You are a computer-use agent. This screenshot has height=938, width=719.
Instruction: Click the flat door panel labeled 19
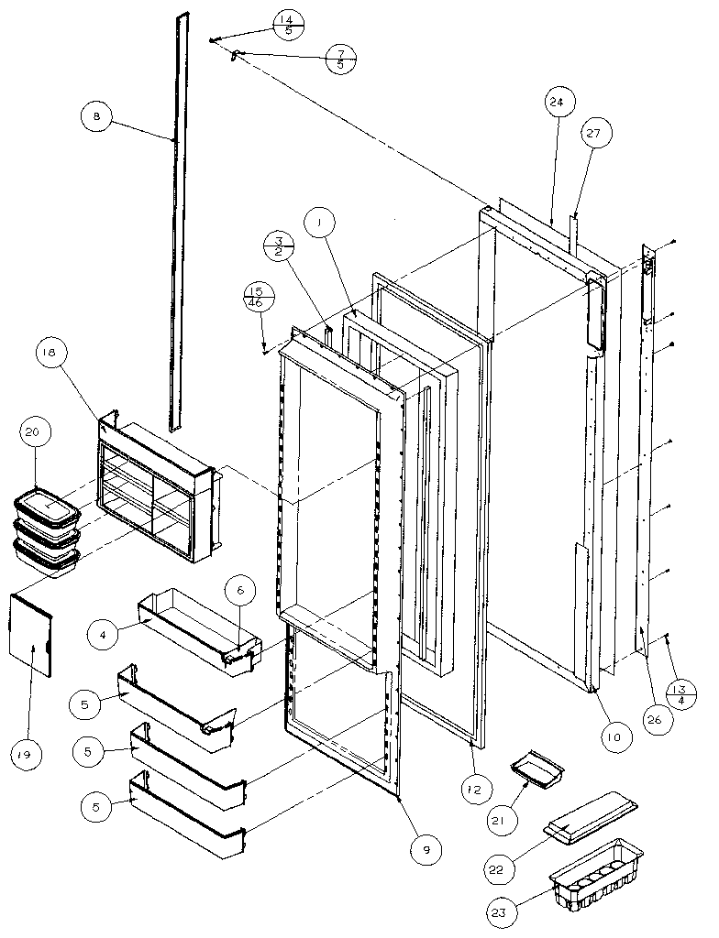(x=31, y=633)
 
